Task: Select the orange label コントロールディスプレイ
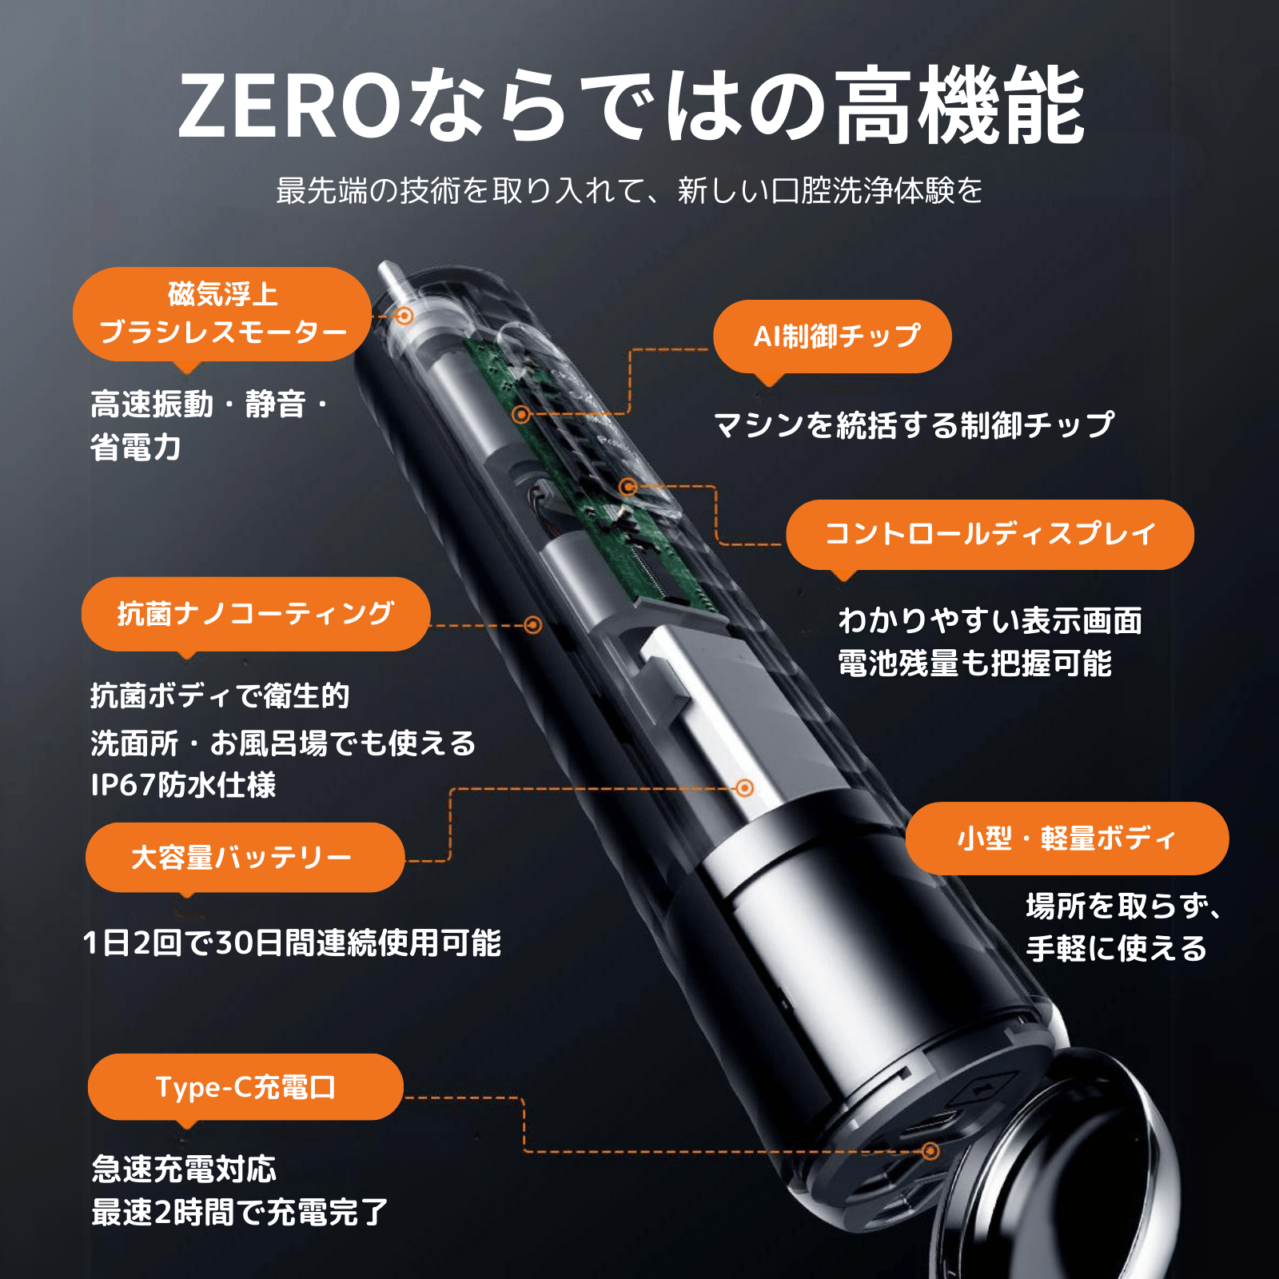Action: (990, 534)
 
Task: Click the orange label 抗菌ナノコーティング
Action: (255, 614)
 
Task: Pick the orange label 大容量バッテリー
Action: (244, 858)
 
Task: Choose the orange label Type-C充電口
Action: (245, 1087)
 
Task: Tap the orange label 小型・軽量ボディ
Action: (1066, 839)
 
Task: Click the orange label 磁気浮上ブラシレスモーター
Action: (222, 314)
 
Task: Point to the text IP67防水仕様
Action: (183, 785)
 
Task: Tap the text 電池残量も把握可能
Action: (974, 663)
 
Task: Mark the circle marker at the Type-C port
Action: (930, 1151)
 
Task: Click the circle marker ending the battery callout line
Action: (744, 788)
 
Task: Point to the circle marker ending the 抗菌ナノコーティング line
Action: (533, 625)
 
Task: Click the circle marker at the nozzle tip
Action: (404, 317)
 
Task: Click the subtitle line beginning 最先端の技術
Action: (629, 191)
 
